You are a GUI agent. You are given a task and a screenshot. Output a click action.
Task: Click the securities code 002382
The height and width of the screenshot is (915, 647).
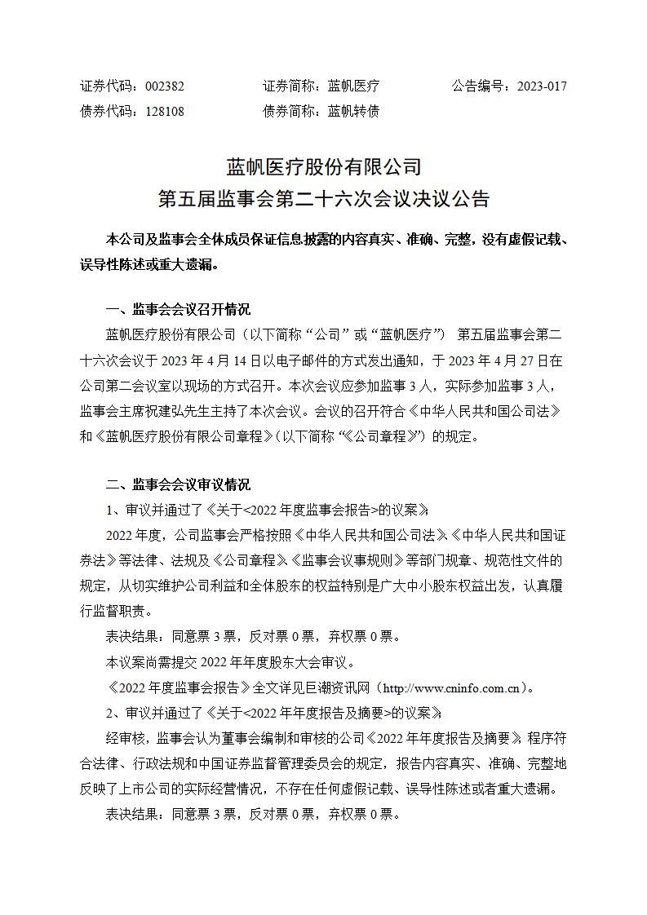164,86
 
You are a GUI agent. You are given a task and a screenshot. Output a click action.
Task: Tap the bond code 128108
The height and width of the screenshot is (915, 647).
164,111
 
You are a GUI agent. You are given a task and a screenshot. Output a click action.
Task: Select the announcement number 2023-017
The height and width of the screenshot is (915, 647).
542,86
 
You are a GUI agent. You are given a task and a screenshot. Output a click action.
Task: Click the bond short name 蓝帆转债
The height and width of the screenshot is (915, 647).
353,111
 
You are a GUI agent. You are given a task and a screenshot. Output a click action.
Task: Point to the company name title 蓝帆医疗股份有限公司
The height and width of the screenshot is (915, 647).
323,167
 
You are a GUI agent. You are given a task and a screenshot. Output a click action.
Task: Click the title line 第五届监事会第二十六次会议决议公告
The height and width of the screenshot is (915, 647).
323,199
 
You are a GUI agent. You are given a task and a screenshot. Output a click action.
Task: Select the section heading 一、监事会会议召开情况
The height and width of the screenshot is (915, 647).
179,310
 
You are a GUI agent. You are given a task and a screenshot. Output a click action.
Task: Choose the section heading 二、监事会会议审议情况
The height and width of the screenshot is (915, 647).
179,485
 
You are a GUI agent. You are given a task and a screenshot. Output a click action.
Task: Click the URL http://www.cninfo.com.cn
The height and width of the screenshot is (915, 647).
451,687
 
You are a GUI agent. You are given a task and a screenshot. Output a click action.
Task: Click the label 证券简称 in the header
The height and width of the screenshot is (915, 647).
289,86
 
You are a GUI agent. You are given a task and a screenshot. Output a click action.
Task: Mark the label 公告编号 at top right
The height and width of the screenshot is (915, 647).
478,86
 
